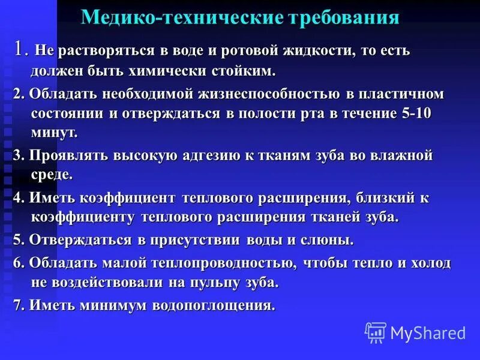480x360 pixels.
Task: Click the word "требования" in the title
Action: (343, 17)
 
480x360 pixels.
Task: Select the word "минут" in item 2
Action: (52, 133)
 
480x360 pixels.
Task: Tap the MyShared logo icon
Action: (376, 332)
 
